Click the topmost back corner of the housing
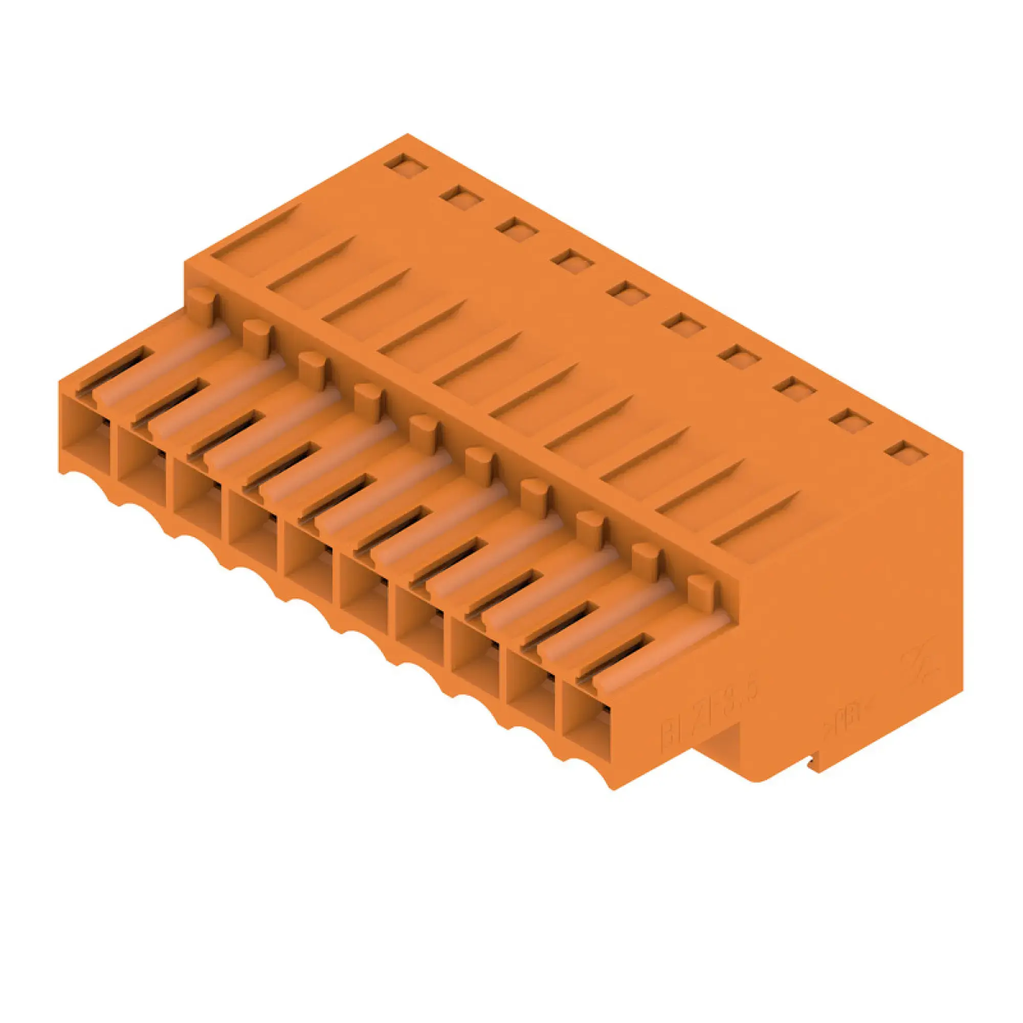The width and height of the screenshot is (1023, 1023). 408,135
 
